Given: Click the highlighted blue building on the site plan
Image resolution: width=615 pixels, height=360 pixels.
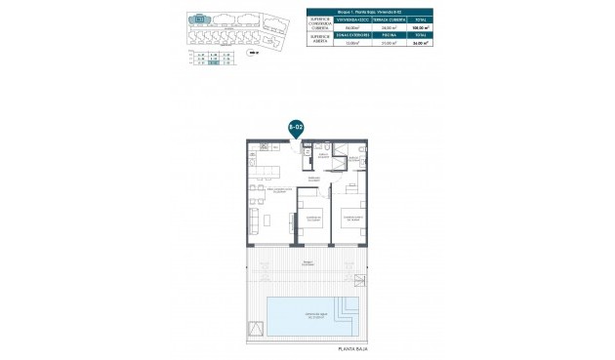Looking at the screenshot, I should point(199,20).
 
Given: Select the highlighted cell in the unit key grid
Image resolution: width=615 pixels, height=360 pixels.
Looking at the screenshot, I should point(214,62).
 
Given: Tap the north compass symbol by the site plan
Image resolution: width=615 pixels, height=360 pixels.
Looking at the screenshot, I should point(253,54).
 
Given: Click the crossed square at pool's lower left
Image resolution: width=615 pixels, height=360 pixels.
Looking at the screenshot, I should point(257,329).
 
